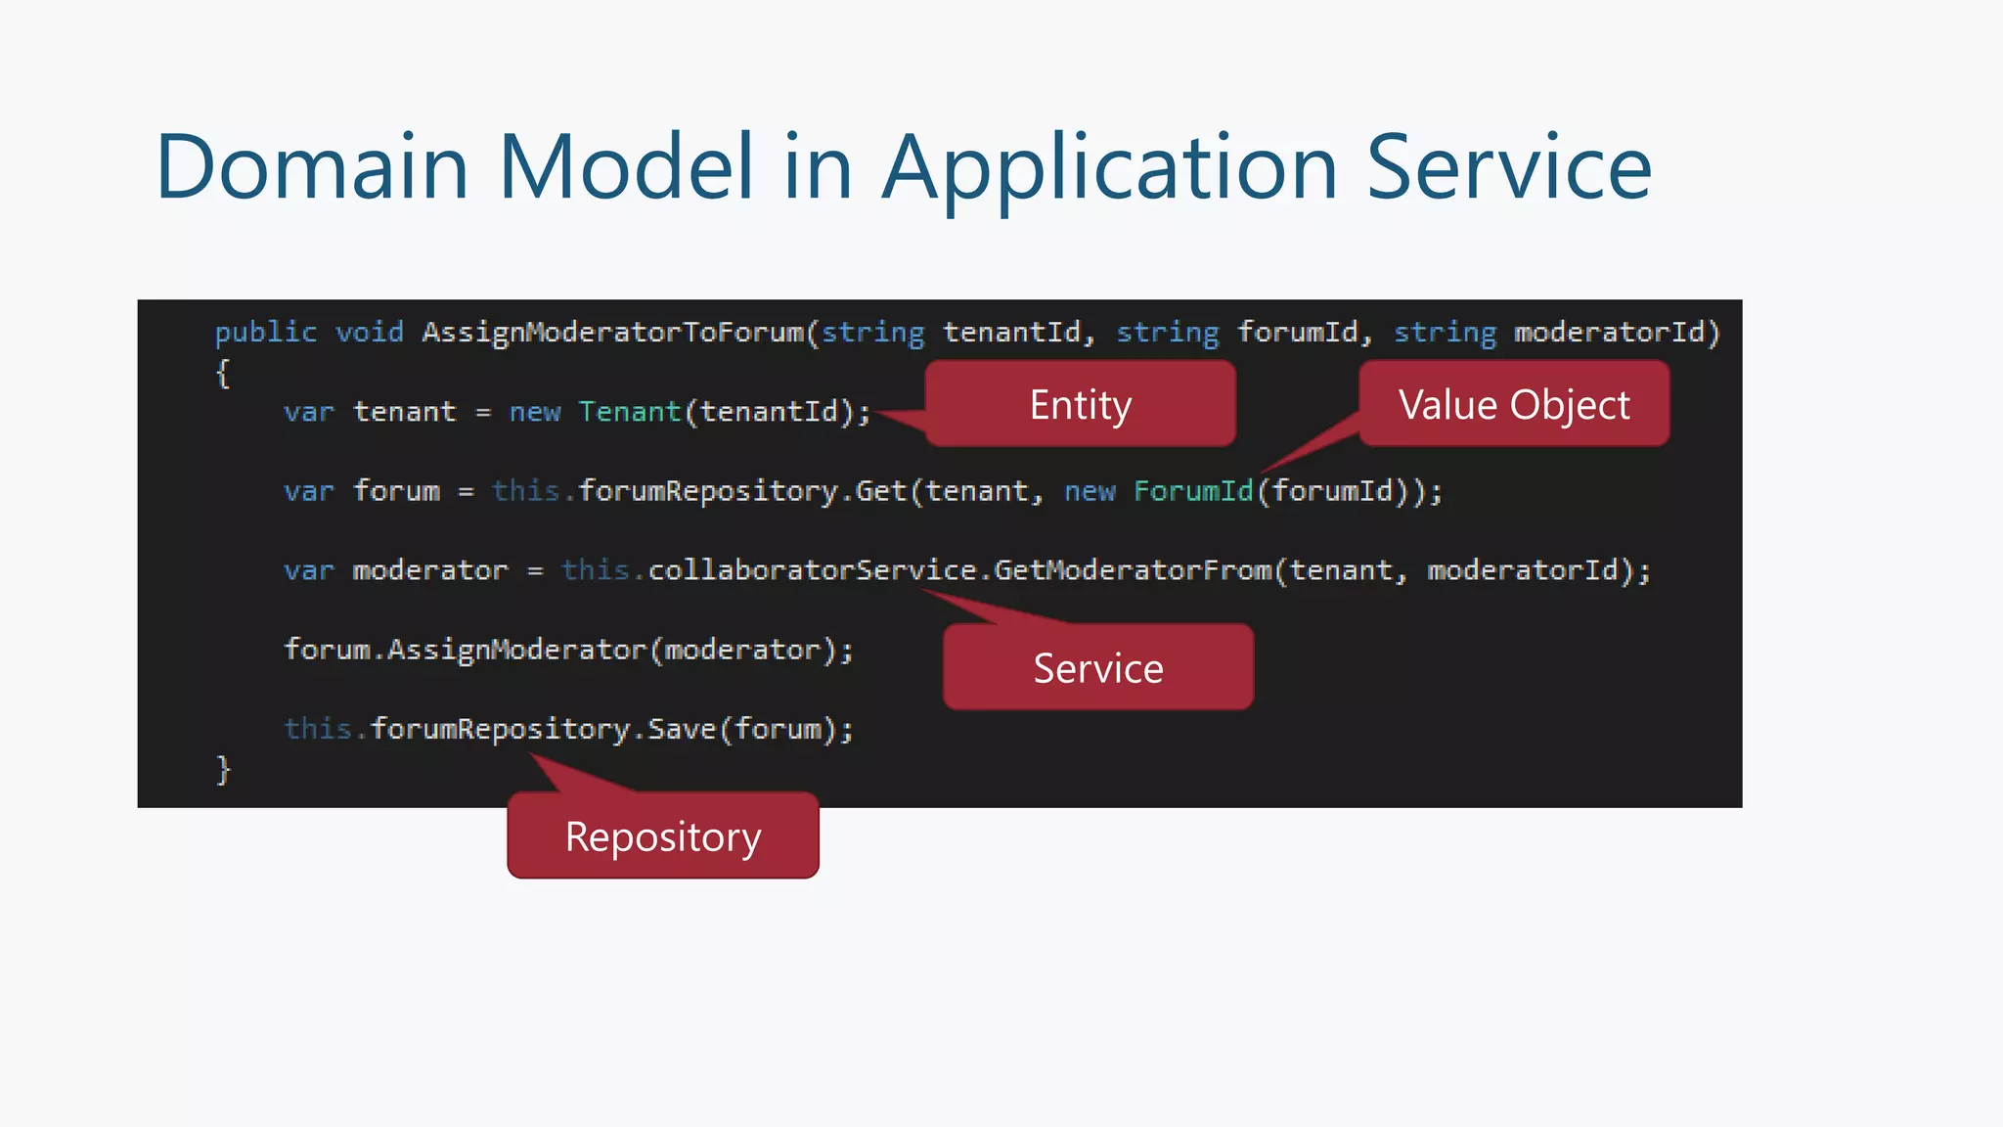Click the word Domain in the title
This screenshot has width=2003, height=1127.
pyautogui.click(x=312, y=167)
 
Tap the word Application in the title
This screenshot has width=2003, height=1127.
pyautogui.click(x=1109, y=169)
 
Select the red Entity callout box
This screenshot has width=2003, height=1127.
pyautogui.click(x=1080, y=404)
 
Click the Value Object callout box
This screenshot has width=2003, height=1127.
pyautogui.click(x=1514, y=404)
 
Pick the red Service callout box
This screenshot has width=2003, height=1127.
pyautogui.click(x=1097, y=668)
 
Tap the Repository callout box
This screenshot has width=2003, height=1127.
pyautogui.click(x=663, y=836)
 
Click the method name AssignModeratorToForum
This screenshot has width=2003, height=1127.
pyautogui.click(x=613, y=333)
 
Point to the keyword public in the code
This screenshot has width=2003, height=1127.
pyautogui.click(x=265, y=333)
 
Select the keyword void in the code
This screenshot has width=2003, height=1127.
pyautogui.click(x=369, y=333)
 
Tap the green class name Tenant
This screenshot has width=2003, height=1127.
pyautogui.click(x=629, y=412)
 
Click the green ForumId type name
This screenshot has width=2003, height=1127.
pyautogui.click(x=1193, y=491)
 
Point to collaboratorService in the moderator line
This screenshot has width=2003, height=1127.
pyautogui.click(x=812, y=570)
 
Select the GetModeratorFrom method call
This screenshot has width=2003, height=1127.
pyautogui.click(x=1133, y=570)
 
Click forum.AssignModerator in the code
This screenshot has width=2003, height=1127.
pyautogui.click(x=466, y=650)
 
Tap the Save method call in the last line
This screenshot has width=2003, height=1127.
pyautogui.click(x=682, y=729)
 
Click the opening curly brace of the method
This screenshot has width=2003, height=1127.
pyautogui.click(x=223, y=373)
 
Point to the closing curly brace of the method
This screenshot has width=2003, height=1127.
pyautogui.click(x=223, y=769)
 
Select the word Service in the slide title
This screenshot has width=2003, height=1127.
pyautogui.click(x=1509, y=167)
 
